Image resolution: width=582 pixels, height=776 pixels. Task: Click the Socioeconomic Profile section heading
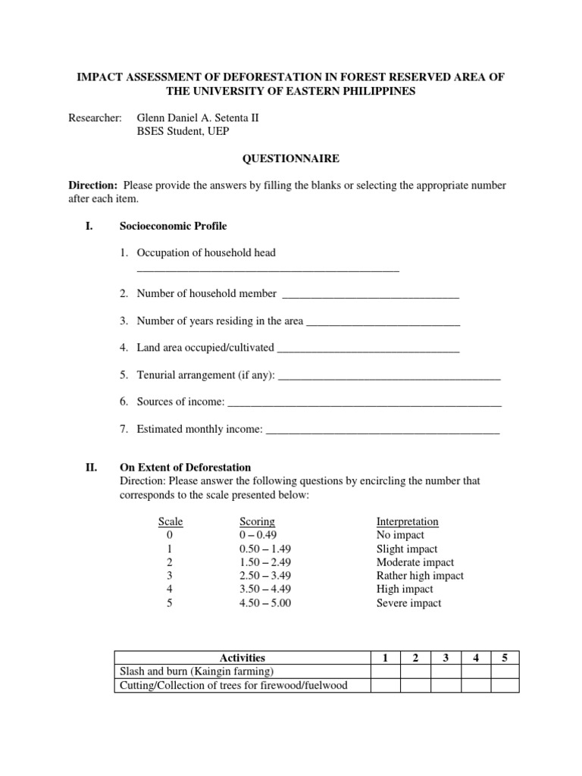click(173, 226)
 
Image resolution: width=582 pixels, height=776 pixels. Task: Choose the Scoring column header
click(257, 521)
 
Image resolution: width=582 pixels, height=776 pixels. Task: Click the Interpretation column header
click(407, 521)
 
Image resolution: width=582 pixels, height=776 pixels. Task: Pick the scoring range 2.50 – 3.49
click(264, 576)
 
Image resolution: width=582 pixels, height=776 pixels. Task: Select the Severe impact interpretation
click(408, 603)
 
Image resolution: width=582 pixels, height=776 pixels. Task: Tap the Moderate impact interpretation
click(415, 562)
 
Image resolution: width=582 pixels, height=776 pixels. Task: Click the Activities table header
click(242, 658)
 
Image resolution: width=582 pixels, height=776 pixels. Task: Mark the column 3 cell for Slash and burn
click(446, 671)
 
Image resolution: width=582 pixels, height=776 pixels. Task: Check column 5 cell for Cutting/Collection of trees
click(505, 685)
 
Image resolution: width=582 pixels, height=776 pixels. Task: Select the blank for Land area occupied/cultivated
click(368, 349)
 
